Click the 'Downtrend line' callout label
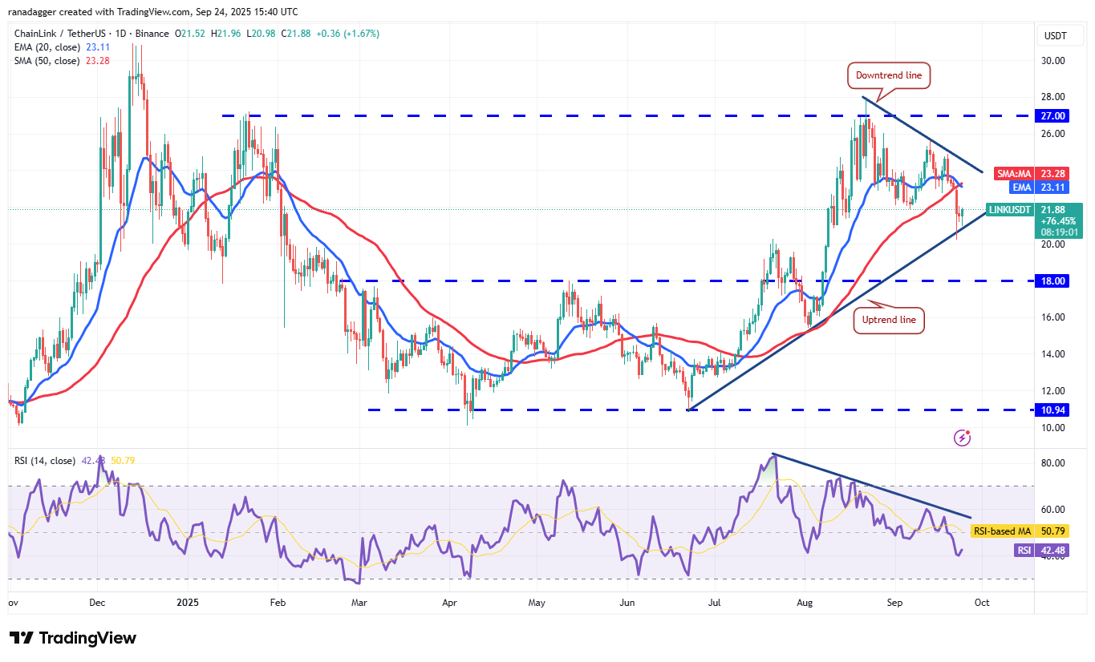[889, 76]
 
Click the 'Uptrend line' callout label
[889, 320]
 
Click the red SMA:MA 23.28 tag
[1040, 173]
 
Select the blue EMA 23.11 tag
[1040, 187]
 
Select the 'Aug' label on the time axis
[805, 601]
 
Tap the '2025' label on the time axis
[187, 601]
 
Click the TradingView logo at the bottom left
[73, 638]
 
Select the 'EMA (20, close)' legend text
[47, 47]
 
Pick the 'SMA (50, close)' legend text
[47, 61]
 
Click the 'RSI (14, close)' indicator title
[45, 461]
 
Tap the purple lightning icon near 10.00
[963, 438]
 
